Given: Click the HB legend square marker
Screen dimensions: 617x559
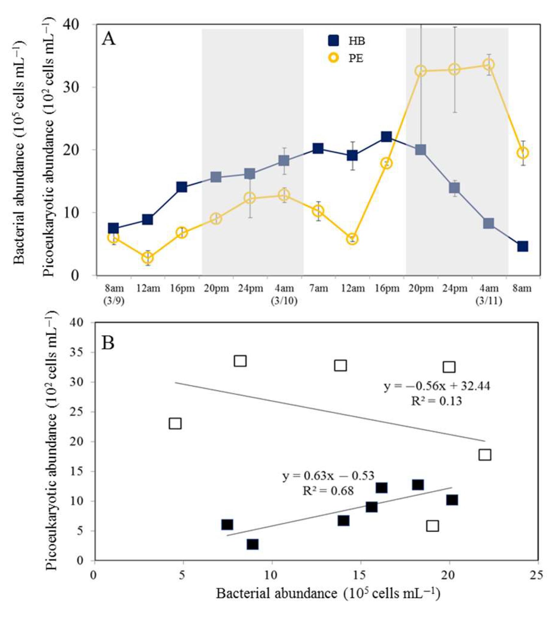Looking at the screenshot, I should click(x=333, y=41).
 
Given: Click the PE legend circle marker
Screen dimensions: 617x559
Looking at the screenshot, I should click(x=333, y=58).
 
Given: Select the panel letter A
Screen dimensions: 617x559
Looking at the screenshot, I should click(x=109, y=40).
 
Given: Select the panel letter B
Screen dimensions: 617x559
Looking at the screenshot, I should click(x=108, y=343).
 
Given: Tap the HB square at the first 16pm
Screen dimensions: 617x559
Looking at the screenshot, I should click(x=182, y=187).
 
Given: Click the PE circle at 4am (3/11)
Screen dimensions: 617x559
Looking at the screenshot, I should click(x=488, y=65).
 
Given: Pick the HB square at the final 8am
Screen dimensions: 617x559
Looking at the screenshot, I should click(x=523, y=246).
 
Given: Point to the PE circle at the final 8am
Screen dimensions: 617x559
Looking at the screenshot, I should click(x=523, y=153).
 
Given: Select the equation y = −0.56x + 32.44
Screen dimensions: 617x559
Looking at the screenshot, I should click(x=437, y=386).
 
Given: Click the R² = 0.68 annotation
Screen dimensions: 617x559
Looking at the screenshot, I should click(x=328, y=491).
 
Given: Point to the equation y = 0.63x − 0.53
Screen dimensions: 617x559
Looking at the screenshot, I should click(x=328, y=476).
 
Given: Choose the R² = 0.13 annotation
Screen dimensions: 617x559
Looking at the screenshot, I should click(x=436, y=401).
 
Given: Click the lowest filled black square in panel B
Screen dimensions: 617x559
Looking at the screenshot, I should click(x=252, y=544).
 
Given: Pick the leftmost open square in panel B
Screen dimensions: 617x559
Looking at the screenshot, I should click(x=175, y=424).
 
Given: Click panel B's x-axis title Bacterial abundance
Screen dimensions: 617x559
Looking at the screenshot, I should click(x=328, y=593).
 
